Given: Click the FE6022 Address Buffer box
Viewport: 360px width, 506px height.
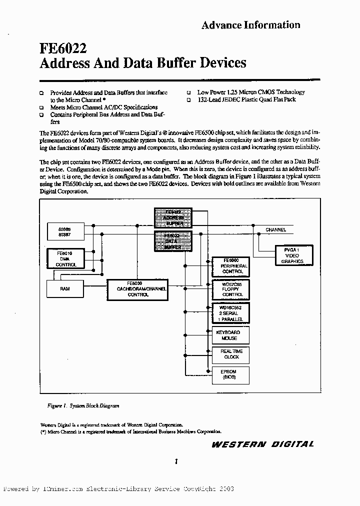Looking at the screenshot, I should pos(173,218).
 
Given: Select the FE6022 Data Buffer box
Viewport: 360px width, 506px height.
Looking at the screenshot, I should pos(173,240).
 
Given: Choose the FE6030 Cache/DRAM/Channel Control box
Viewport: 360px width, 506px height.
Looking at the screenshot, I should pos(138,289).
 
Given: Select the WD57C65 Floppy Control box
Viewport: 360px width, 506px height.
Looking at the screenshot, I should pos(230,289).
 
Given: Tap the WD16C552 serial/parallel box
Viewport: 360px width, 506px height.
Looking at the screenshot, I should pos(230,313).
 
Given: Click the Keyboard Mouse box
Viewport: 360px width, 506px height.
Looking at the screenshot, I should pos(230,335).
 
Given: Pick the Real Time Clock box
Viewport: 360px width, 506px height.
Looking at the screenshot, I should pos(230,354).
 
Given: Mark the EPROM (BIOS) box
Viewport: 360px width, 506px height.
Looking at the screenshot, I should pos(230,374).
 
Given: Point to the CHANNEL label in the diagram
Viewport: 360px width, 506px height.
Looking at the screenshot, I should pos(276,230).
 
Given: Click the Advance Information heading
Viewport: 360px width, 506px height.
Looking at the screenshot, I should pos(250,25).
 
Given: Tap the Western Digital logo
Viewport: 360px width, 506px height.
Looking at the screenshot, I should pos(262,444).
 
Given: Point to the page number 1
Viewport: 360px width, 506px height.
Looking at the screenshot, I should pos(177,462).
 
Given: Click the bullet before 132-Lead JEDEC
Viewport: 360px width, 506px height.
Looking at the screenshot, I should pos(189,100).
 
